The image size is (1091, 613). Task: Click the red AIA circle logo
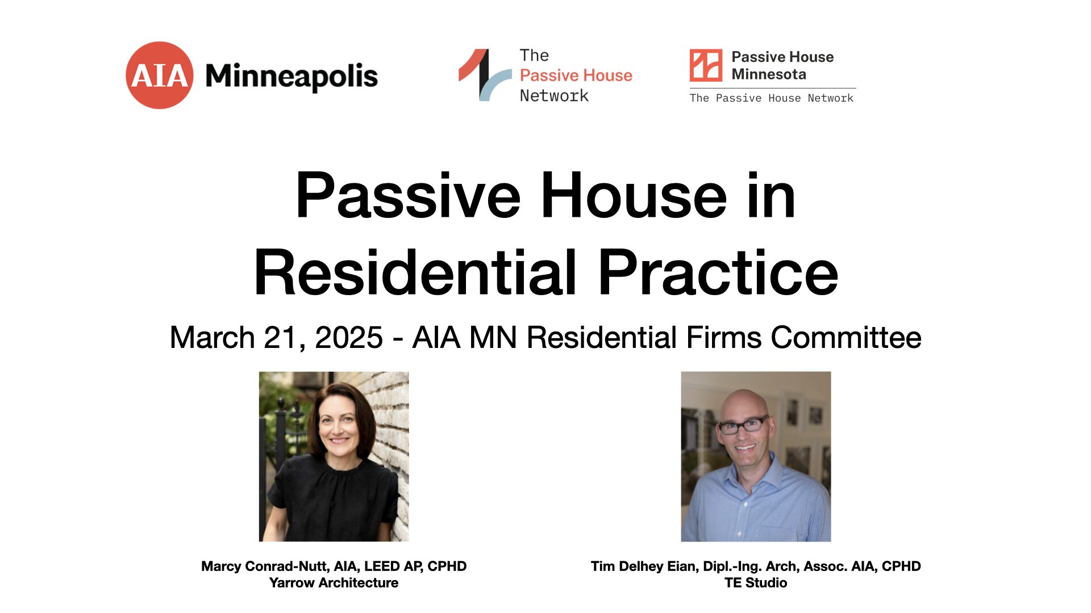click(160, 75)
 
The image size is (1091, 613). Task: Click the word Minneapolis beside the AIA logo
click(292, 77)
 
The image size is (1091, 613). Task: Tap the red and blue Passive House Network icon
click(485, 75)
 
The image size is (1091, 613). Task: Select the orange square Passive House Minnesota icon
click(706, 65)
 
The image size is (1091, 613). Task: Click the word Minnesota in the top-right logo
click(769, 74)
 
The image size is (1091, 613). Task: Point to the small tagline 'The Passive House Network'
click(771, 98)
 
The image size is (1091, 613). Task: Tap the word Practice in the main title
click(718, 273)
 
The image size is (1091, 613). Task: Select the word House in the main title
click(634, 195)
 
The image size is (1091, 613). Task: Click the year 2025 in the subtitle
click(349, 338)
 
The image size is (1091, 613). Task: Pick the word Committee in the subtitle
click(846, 338)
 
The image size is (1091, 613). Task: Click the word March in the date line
click(212, 338)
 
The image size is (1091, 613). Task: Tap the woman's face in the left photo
click(339, 426)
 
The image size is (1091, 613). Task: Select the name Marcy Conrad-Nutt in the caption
click(264, 566)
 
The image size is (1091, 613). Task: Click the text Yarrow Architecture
click(334, 583)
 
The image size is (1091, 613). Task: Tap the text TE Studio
click(756, 583)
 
